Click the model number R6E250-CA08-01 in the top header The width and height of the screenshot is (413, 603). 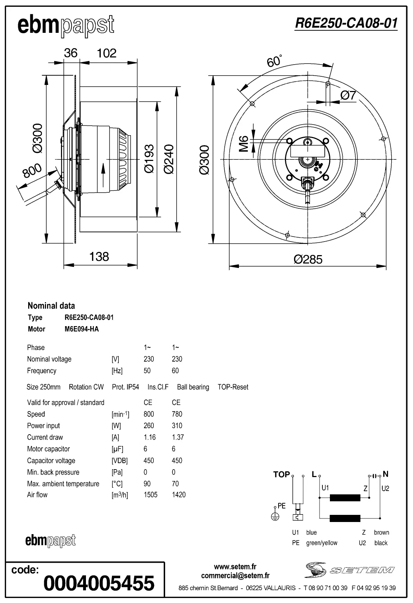[346, 23]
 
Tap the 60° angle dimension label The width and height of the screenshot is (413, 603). [274, 61]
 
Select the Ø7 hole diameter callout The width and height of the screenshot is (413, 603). [348, 95]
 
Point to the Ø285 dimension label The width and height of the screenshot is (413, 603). [308, 259]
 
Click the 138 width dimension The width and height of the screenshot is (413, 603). [99, 257]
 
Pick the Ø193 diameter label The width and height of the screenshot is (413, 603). [149, 159]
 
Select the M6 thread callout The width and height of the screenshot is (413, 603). [244, 143]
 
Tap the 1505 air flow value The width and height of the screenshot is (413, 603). [150, 495]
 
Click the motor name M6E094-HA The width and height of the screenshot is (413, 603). [82, 329]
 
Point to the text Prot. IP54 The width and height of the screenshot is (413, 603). [125, 387]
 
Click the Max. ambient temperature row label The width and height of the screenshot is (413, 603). [63, 484]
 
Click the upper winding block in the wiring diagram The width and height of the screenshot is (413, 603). [345, 498]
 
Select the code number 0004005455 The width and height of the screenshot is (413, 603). [99, 583]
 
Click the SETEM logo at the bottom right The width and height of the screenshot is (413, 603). [350, 570]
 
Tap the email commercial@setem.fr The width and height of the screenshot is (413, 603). [235, 576]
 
